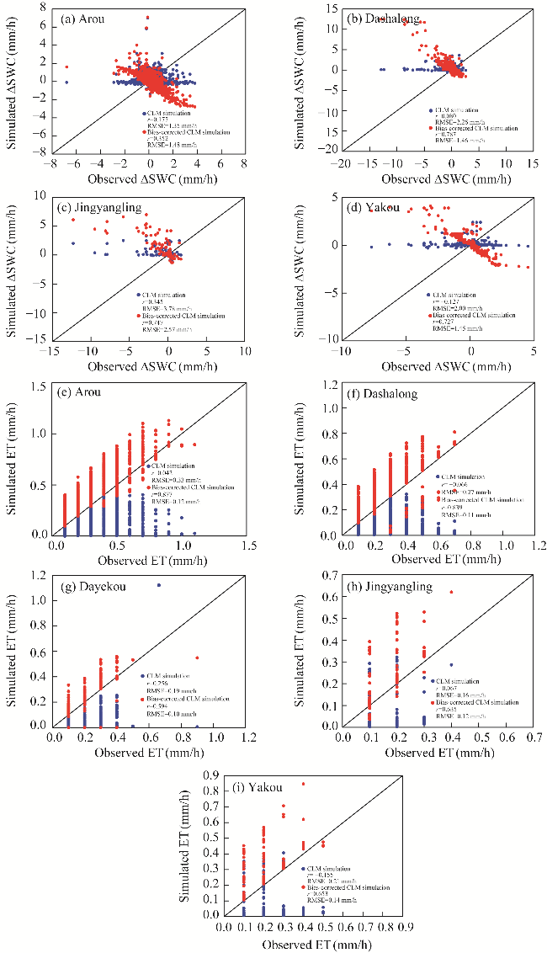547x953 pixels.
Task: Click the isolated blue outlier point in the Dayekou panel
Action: point(159,585)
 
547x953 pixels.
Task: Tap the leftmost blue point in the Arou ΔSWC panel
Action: point(66,82)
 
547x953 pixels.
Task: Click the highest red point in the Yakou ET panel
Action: point(304,784)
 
